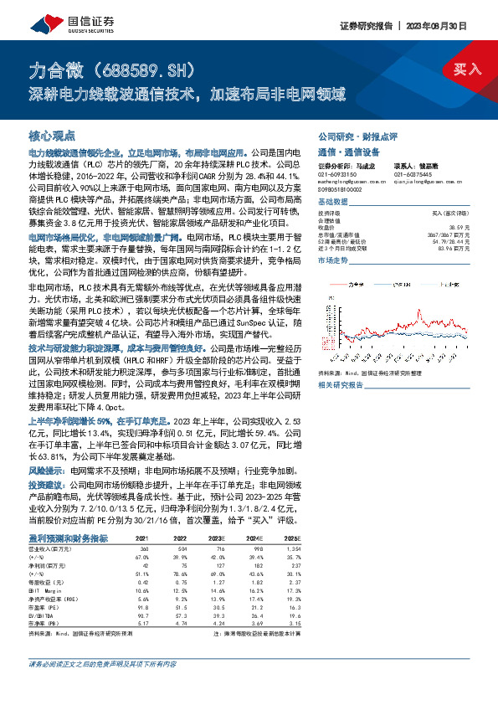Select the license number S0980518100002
coord(344,192)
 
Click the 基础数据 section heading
coord(336,203)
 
